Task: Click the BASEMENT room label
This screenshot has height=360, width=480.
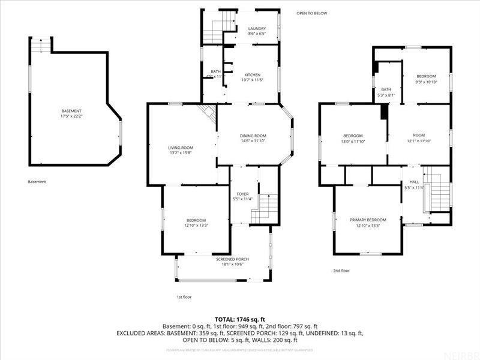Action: [x=71, y=111]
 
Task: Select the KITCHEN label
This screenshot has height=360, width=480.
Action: [x=252, y=74]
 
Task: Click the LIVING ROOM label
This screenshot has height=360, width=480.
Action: [x=180, y=148]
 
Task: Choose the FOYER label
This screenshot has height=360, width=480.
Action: [x=242, y=194]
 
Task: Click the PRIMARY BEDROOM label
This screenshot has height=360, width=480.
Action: [x=368, y=220]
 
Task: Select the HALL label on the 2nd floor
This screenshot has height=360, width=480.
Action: [x=414, y=182]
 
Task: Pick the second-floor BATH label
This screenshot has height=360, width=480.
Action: [x=386, y=89]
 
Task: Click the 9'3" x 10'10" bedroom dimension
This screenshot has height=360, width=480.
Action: [x=426, y=82]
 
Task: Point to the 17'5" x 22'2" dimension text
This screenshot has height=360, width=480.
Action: [x=71, y=116]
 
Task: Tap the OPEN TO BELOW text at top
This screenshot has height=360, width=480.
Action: [x=312, y=13]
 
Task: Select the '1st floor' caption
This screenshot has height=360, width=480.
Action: [x=183, y=297]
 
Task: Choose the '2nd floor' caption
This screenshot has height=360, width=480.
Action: [x=341, y=271]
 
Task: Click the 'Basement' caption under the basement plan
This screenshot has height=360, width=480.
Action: [x=37, y=182]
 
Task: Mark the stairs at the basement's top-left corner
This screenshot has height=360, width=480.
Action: [x=41, y=45]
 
